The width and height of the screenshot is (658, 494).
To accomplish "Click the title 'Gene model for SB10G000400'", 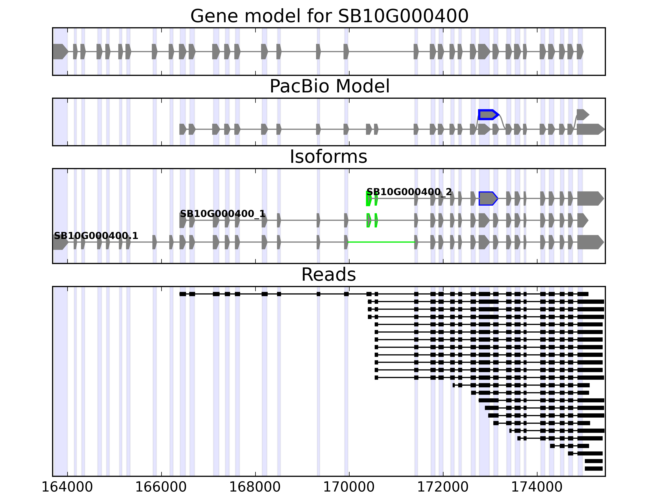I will pos(329,16).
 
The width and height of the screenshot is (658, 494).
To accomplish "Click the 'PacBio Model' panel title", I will pos(329,86).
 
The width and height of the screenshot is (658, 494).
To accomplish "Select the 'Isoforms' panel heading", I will pos(328,157).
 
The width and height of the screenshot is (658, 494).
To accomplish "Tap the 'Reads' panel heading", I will pos(328,275).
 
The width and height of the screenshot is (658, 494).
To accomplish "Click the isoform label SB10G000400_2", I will pos(409,192).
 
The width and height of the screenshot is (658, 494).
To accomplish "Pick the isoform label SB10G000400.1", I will pos(96,236).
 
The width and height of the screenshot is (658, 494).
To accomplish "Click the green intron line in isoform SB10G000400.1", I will pos(381,242).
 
